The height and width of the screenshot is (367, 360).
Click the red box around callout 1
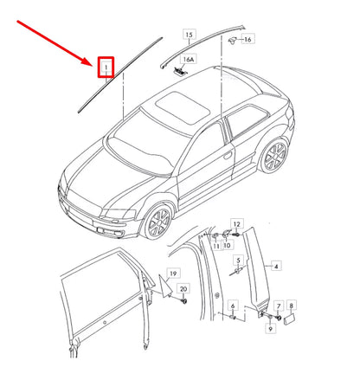point(106,66)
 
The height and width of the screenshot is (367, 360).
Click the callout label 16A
point(190,60)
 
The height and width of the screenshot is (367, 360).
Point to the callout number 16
point(247,39)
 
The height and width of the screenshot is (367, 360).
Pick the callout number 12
point(237,224)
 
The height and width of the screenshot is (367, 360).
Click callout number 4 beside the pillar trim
point(277,267)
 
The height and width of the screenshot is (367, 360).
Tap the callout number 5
point(238,260)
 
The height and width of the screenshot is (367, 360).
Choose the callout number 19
point(173,273)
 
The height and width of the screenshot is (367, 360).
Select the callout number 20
point(183,289)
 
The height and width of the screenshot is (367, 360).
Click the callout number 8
point(291,306)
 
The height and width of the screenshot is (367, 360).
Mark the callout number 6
point(231,306)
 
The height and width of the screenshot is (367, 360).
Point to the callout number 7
point(278,306)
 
